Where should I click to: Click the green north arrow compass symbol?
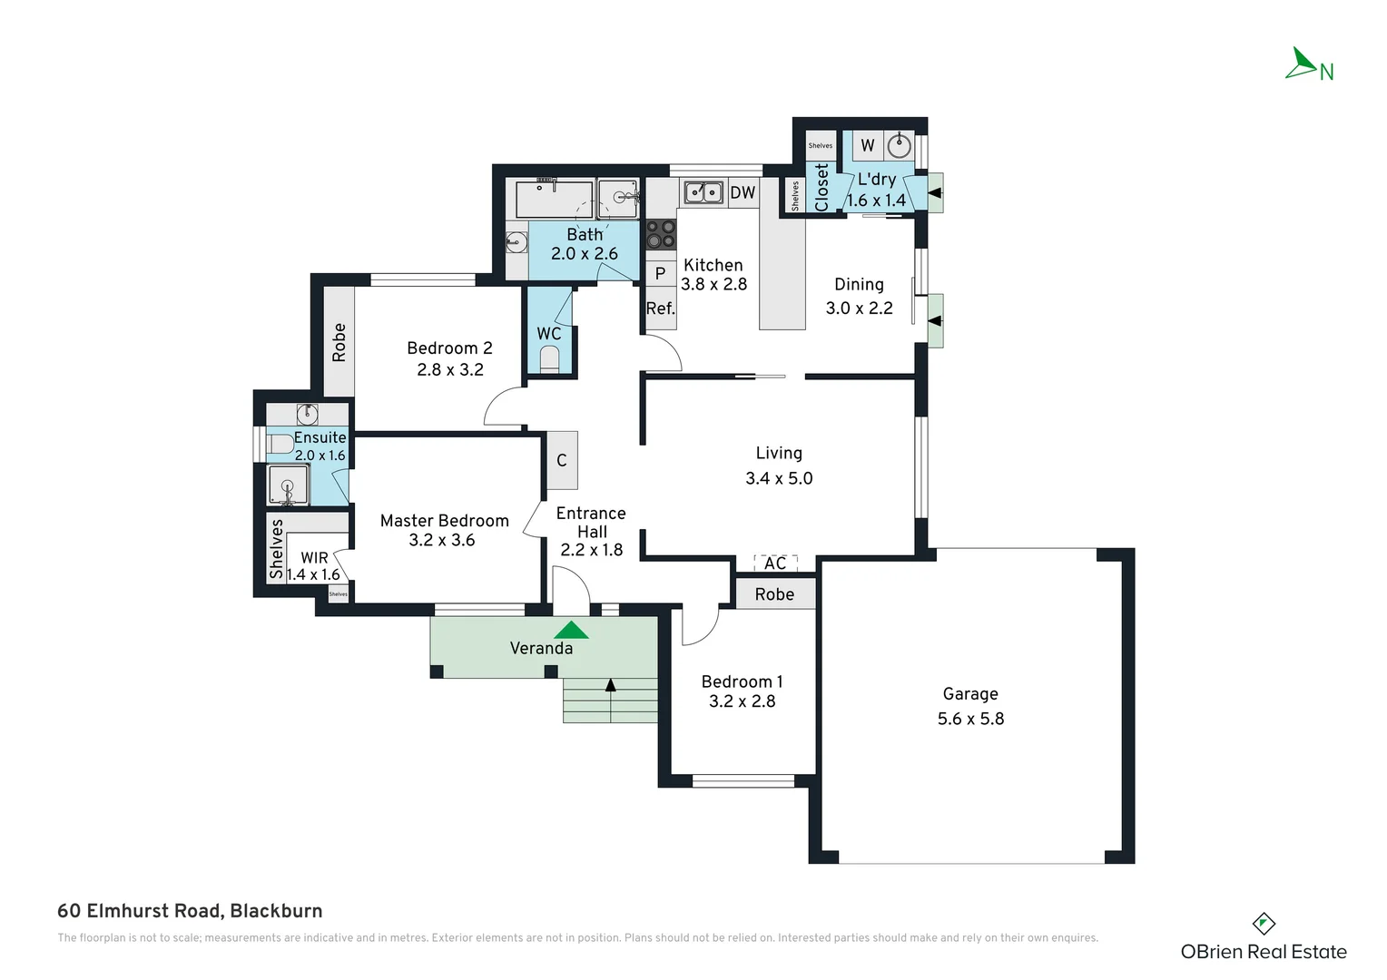pyautogui.click(x=1303, y=64)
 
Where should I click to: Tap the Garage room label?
pyautogui.click(x=970, y=694)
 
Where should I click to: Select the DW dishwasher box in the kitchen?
pyautogui.click(x=743, y=192)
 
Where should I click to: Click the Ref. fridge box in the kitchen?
pyautogui.click(x=660, y=309)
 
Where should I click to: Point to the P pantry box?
pyautogui.click(x=660, y=273)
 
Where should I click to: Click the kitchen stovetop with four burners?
pyautogui.click(x=660, y=234)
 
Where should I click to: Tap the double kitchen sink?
pyautogui.click(x=703, y=192)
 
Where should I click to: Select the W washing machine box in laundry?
pyautogui.click(x=868, y=145)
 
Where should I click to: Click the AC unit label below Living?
pyautogui.click(x=775, y=563)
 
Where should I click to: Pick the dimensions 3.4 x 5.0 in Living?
pyautogui.click(x=779, y=478)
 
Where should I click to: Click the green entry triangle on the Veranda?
pyautogui.click(x=571, y=630)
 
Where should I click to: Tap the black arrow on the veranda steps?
pyautogui.click(x=611, y=686)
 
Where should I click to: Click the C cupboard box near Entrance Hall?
pyautogui.click(x=562, y=461)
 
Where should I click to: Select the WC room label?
pyautogui.click(x=549, y=334)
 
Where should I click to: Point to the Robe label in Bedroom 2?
pyautogui.click(x=339, y=342)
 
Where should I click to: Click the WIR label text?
pyautogui.click(x=314, y=558)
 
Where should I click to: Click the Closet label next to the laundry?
pyautogui.click(x=821, y=187)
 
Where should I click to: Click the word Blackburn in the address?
pyautogui.click(x=276, y=911)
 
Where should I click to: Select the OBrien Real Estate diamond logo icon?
pyautogui.click(x=1264, y=925)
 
